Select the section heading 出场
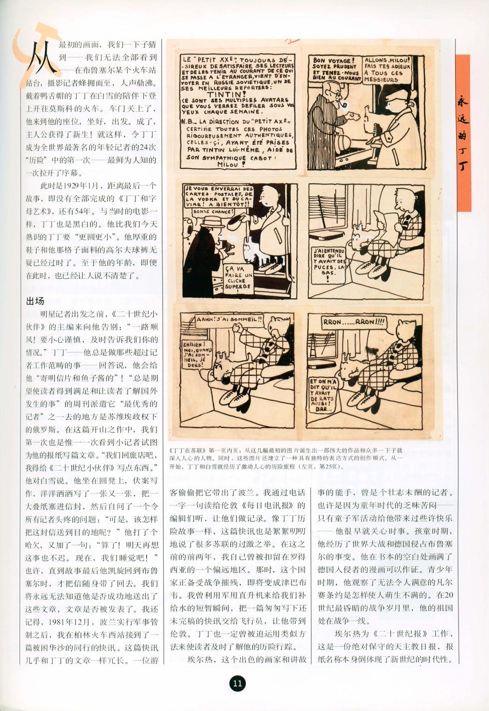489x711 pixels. [x=35, y=301]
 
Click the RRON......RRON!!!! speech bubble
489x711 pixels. [x=353, y=322]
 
